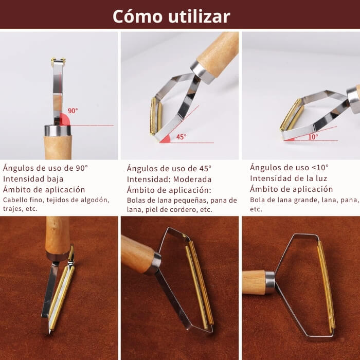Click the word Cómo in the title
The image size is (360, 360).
click(x=137, y=16)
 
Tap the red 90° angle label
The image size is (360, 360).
click(x=73, y=111)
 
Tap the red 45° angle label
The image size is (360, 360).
click(x=181, y=137)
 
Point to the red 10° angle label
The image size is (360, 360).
click(x=313, y=137)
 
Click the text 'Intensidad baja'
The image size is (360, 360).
click(x=33, y=179)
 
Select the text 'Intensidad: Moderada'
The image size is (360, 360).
click(x=169, y=179)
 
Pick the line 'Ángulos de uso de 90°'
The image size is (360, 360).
click(x=46, y=168)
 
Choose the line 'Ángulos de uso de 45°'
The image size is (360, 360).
click(x=169, y=169)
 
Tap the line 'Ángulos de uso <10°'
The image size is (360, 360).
click(x=289, y=168)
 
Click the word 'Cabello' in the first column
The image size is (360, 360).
click(x=16, y=200)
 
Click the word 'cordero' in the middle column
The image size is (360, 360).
click(x=187, y=210)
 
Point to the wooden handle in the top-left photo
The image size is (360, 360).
click(x=58, y=147)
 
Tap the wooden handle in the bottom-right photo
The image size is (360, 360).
click(x=253, y=282)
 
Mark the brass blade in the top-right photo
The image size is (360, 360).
click(x=291, y=114)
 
